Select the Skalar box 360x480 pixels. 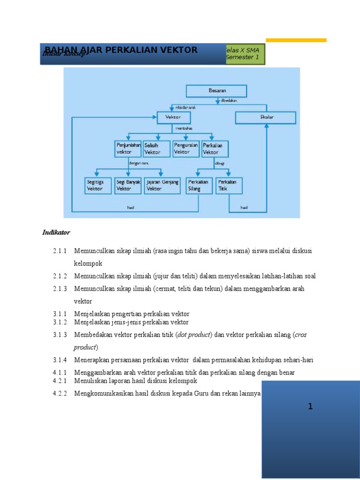265,117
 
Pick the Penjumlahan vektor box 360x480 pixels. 128,149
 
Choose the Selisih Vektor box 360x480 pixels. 157,149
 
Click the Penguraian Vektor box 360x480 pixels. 186,149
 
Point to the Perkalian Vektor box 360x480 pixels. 215,149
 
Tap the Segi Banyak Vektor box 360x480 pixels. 128,185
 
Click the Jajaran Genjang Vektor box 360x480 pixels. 162,185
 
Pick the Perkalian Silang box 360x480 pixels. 199,185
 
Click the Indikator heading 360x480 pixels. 56,232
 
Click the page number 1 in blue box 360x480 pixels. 310,407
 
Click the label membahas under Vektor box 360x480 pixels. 183,128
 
